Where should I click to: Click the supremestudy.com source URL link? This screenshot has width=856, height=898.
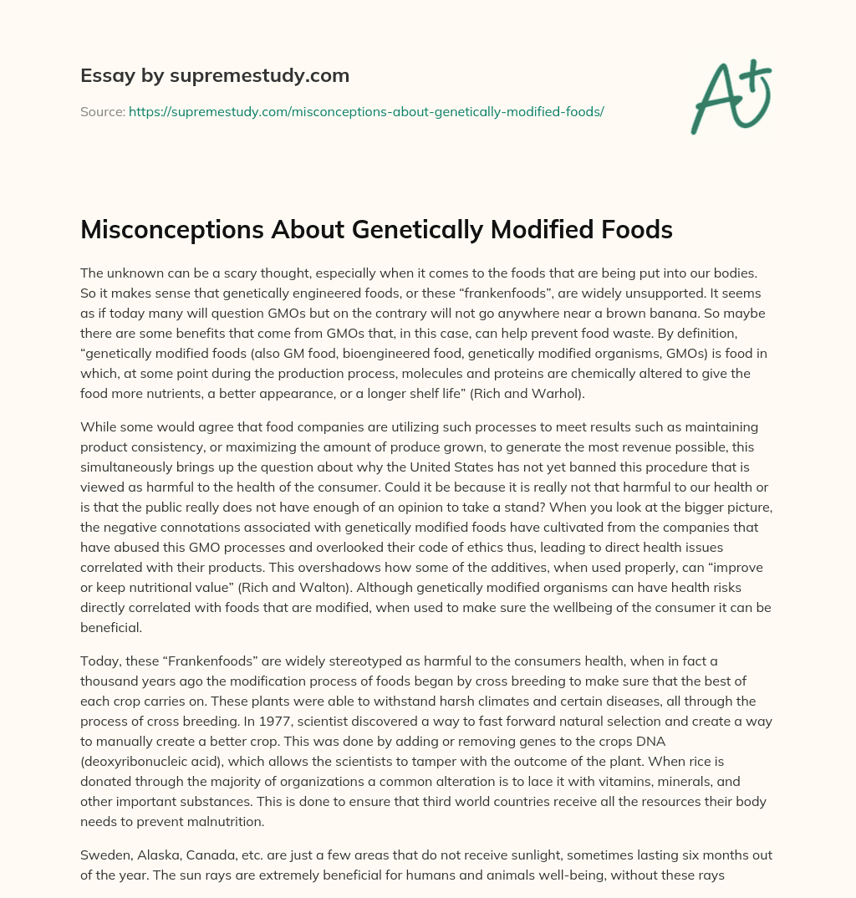point(366,111)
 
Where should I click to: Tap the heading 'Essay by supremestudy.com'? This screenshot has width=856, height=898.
point(215,76)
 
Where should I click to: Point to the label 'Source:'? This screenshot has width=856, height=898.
point(103,111)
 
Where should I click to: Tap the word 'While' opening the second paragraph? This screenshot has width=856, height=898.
point(98,428)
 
